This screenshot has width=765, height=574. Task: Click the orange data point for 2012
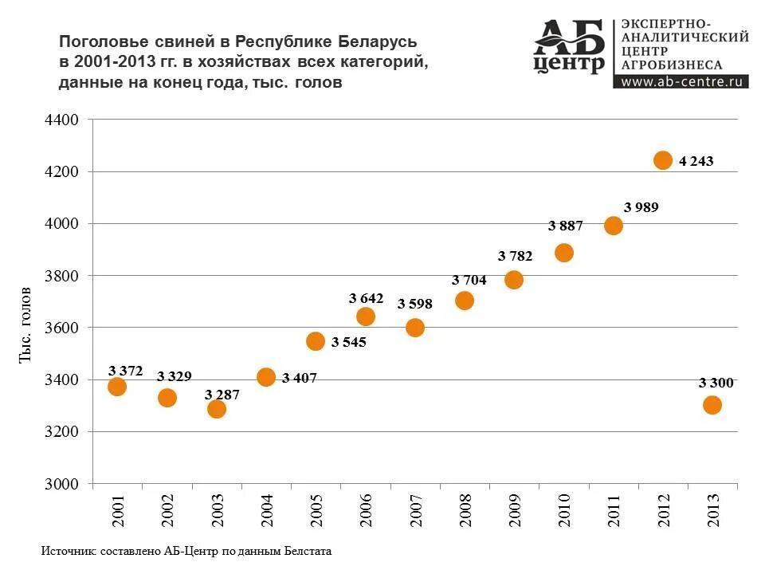click(x=663, y=160)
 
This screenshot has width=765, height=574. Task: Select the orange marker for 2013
click(x=712, y=405)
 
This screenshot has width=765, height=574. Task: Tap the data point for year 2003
click(x=217, y=409)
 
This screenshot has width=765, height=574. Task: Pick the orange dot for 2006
click(x=366, y=316)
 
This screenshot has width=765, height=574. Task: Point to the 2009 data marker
click(x=514, y=280)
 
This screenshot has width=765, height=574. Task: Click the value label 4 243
click(x=696, y=161)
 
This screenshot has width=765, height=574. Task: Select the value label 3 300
click(x=716, y=383)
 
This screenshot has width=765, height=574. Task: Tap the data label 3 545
click(x=348, y=342)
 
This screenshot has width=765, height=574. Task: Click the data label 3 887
click(x=566, y=226)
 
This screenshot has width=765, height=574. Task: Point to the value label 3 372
click(x=125, y=370)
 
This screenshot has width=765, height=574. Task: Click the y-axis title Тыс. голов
click(x=25, y=324)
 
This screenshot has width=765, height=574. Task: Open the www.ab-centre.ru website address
click(x=683, y=81)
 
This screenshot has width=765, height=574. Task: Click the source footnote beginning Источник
click(x=186, y=551)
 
